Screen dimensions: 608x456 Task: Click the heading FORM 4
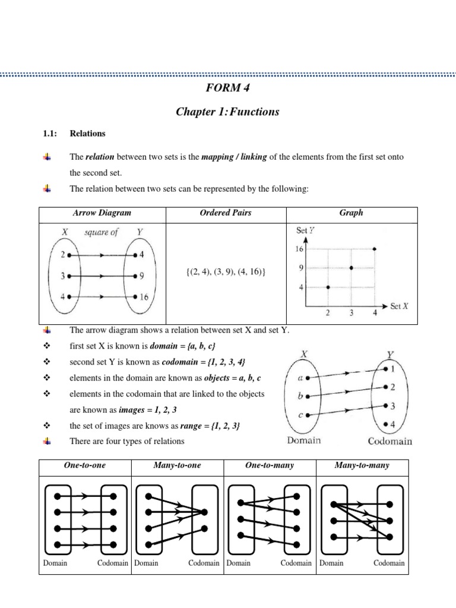227,89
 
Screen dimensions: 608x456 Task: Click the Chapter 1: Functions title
227,112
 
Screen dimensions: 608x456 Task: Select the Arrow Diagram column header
102,213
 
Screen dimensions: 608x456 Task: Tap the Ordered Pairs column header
226,213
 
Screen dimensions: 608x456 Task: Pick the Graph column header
351,213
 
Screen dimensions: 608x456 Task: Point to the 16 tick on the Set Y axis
299,249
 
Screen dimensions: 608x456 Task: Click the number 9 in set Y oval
143,276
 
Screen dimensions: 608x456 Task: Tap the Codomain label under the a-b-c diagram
390,441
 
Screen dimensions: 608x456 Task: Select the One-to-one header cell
84,465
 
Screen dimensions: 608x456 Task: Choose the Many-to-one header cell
177,465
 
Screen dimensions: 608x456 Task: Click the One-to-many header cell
270,465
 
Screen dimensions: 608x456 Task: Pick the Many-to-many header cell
362,465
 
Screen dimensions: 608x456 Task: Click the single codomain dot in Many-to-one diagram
204,512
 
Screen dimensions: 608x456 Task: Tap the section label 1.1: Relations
71,134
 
